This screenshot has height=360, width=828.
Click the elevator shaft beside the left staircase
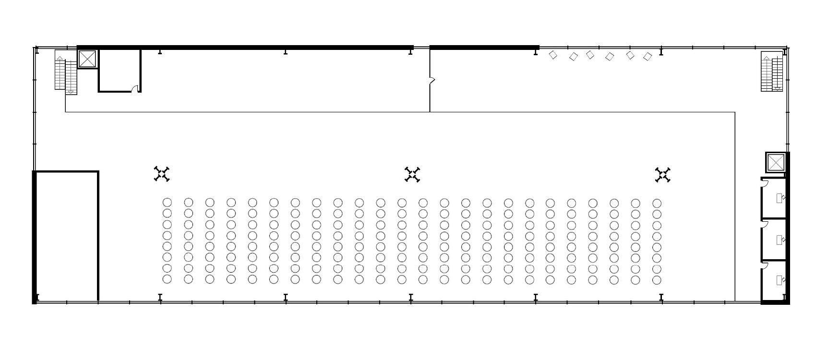pos(87,59)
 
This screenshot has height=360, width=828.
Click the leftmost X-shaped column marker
pos(162,174)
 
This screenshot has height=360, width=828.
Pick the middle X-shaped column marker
pos(412,174)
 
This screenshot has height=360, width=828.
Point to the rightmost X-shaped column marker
pos(662,175)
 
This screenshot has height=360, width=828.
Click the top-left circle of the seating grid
pos(167,203)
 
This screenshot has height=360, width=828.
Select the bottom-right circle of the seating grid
pos(657,279)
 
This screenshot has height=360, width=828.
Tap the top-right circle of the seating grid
pos(657,203)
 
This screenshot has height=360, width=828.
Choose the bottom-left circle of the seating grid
pos(167,279)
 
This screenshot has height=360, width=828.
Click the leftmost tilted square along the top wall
pos(553,55)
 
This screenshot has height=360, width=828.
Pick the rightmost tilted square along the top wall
pos(648,57)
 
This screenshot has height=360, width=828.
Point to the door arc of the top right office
pos(765,182)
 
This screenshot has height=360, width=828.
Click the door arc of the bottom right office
pos(765,265)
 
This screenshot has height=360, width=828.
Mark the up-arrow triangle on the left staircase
pos(60,59)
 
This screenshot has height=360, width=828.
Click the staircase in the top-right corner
pos(772,72)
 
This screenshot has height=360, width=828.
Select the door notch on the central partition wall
pos(432,81)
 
